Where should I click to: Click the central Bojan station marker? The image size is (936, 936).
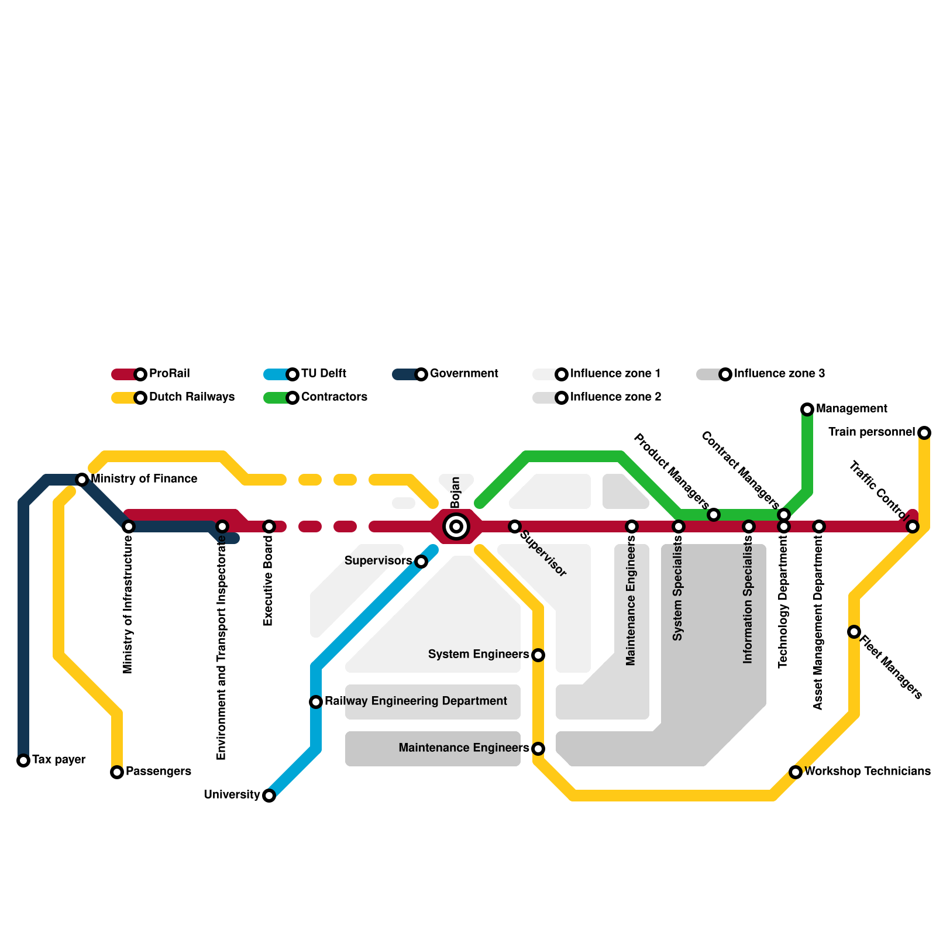[456, 526]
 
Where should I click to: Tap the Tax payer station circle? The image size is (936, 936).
[23, 760]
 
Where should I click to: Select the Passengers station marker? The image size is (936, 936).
[117, 772]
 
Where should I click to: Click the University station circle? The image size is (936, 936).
[269, 796]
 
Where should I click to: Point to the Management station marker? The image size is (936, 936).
[807, 409]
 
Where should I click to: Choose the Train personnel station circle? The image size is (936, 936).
[924, 433]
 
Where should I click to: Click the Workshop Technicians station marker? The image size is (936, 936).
[796, 772]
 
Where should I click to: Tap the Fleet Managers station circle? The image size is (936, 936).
[854, 632]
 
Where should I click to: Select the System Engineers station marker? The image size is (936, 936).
[538, 655]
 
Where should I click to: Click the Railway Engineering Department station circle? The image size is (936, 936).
[316, 702]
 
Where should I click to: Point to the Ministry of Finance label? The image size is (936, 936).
[144, 479]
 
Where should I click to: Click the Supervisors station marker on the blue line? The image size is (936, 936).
[421, 562]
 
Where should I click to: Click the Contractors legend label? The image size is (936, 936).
[334, 397]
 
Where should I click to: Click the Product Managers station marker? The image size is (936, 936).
[714, 515]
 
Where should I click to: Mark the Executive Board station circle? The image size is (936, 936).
[269, 526]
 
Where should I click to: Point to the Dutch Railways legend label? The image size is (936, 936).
[191, 397]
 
